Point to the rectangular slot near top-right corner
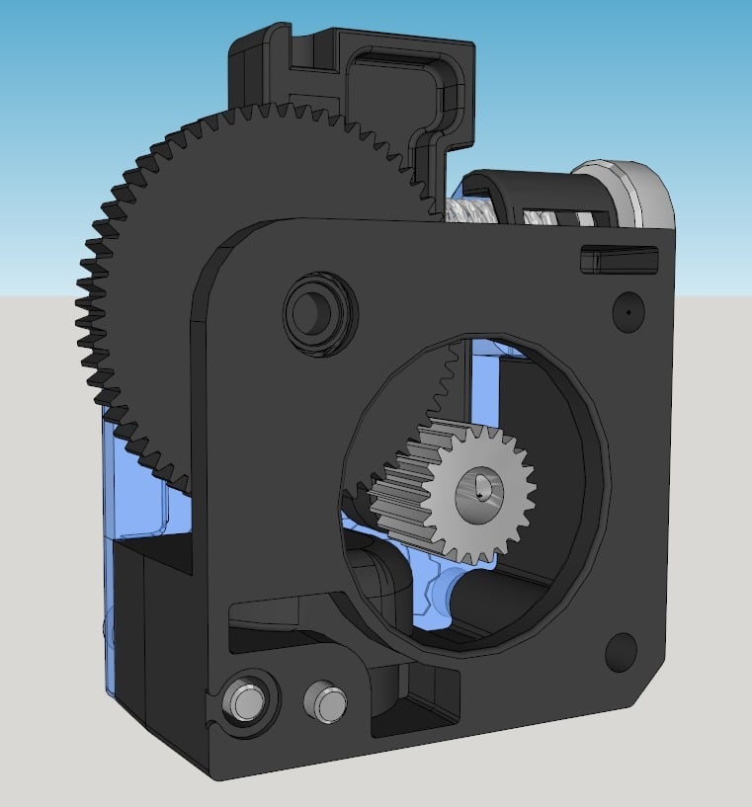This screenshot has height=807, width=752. [617, 260]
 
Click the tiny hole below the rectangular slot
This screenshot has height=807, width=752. [627, 308]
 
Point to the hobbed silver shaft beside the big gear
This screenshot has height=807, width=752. [470, 210]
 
